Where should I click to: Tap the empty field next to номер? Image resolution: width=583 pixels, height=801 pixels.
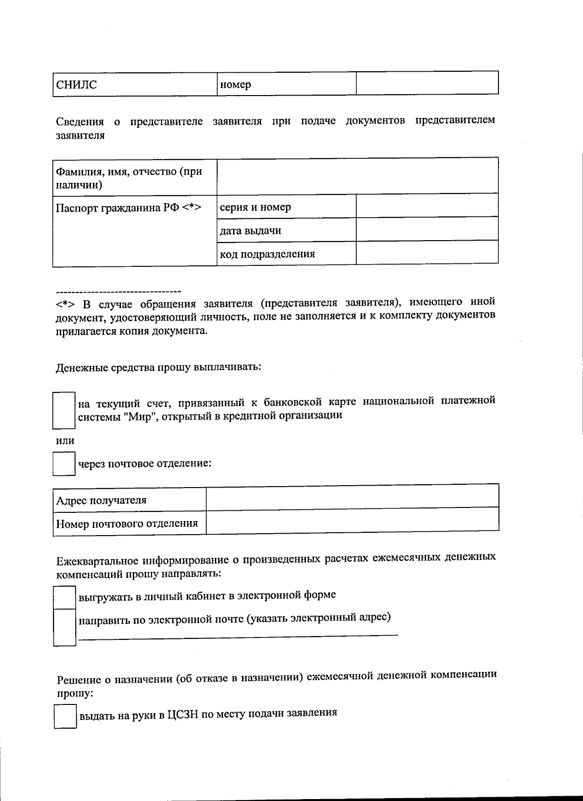pyautogui.click(x=427, y=83)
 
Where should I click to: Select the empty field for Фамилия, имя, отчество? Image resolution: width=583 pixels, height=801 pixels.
pyautogui.click(x=357, y=176)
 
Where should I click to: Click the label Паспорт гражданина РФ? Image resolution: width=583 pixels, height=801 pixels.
pyautogui.click(x=128, y=208)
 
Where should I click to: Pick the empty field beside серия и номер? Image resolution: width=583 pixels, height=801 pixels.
pyautogui.click(x=427, y=206)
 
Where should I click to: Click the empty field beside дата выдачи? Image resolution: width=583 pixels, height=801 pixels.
pyautogui.click(x=427, y=229)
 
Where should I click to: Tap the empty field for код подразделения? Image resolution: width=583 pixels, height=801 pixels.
pyautogui.click(x=427, y=253)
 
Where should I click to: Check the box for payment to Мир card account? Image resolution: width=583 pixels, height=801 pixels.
pyautogui.click(x=64, y=410)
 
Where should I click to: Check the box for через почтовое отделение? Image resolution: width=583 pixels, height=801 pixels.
pyautogui.click(x=64, y=464)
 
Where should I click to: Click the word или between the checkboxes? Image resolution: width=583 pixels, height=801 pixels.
pyautogui.click(x=65, y=441)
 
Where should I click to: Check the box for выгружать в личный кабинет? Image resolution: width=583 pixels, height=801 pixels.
pyautogui.click(x=64, y=597)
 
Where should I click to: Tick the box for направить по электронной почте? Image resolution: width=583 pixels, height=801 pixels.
pyautogui.click(x=64, y=627)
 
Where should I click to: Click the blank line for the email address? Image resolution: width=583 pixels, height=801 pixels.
pyautogui.click(x=238, y=635)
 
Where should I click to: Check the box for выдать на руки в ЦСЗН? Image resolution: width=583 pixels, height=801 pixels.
pyautogui.click(x=65, y=717)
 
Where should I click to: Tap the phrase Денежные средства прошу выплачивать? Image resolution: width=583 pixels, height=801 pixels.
pyautogui.click(x=159, y=367)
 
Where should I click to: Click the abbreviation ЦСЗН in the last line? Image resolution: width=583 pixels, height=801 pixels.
pyautogui.click(x=182, y=715)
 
